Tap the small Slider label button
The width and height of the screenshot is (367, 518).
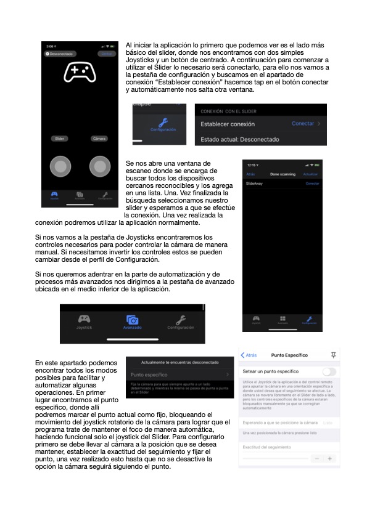59,139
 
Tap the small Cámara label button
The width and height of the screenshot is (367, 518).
99,139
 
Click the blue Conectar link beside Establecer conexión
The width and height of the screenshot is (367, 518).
303,124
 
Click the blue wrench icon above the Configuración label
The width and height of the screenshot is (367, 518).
163,121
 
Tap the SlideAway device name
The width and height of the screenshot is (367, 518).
254,184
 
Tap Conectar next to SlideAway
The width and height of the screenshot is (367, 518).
313,184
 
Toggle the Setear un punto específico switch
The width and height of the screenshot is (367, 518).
329,371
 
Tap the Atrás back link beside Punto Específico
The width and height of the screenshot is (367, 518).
249,355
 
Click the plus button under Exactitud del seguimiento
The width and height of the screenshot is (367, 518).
329,459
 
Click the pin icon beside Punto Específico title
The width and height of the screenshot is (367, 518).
334,355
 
